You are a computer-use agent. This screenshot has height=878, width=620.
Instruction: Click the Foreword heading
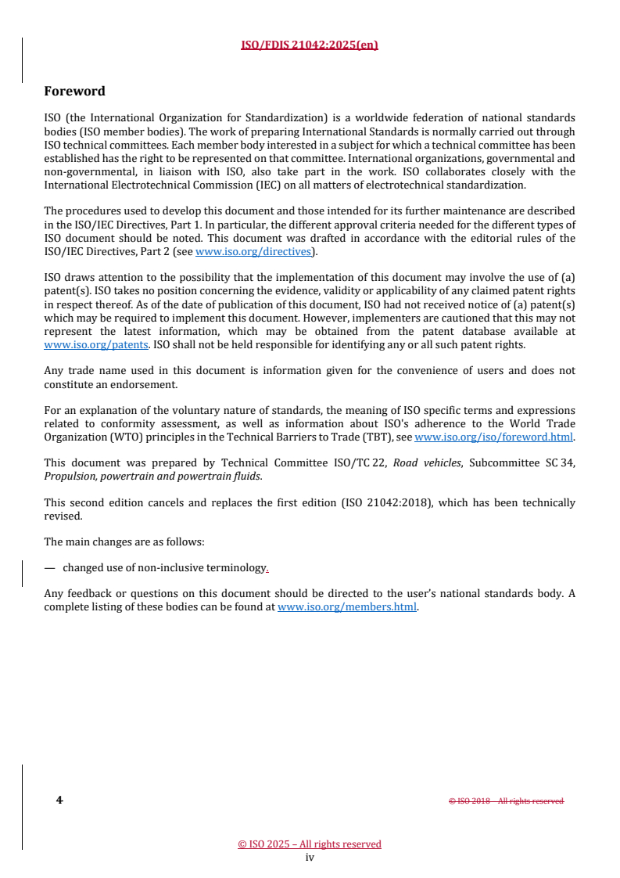74,91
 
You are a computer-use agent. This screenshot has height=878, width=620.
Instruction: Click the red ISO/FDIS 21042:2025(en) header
310,45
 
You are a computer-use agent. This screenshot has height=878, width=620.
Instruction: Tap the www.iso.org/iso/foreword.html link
493,437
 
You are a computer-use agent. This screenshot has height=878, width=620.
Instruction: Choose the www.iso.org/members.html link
347,606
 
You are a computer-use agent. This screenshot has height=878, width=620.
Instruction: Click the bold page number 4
59,800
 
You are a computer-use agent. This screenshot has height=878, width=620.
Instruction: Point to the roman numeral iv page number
310,857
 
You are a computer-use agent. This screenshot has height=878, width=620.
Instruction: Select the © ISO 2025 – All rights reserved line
310,844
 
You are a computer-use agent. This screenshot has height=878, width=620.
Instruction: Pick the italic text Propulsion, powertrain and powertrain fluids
152,475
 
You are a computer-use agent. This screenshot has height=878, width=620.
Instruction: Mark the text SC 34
561,462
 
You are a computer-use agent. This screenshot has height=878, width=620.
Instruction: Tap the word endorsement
140,383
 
